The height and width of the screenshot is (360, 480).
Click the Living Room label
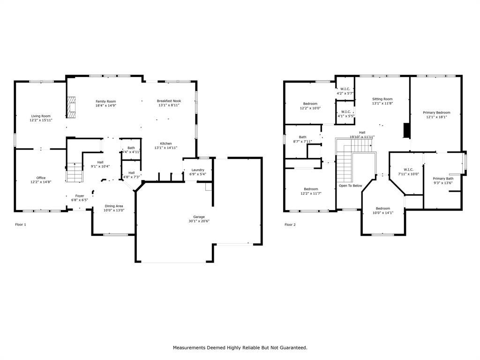pyautogui.click(x=41, y=116)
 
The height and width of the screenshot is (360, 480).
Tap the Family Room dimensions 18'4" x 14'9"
pyautogui.click(x=106, y=105)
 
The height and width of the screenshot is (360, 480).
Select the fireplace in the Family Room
pyautogui.click(x=71, y=107)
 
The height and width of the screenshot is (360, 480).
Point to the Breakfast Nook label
pyautogui.click(x=169, y=101)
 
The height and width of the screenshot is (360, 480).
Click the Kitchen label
pyautogui.click(x=166, y=143)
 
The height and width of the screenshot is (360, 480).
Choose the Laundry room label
pyautogui.click(x=198, y=170)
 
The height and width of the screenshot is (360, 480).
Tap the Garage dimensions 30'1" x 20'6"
pyautogui.click(x=199, y=221)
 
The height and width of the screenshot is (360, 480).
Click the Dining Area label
pyautogui.click(x=114, y=206)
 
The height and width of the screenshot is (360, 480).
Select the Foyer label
pyautogui.click(x=80, y=196)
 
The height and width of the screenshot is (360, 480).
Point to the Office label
pyautogui.click(x=41, y=178)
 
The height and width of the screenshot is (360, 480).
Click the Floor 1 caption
pyautogui.click(x=21, y=225)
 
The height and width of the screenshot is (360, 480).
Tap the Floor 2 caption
pyautogui.click(x=290, y=225)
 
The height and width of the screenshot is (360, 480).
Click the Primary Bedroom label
pyautogui.click(x=436, y=112)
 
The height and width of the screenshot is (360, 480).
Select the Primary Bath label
pyautogui.click(x=443, y=179)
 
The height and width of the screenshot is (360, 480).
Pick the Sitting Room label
pyautogui.click(x=382, y=99)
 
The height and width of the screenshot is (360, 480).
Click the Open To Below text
pyautogui.click(x=351, y=186)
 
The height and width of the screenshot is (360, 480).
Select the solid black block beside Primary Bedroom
pyautogui.click(x=407, y=130)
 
